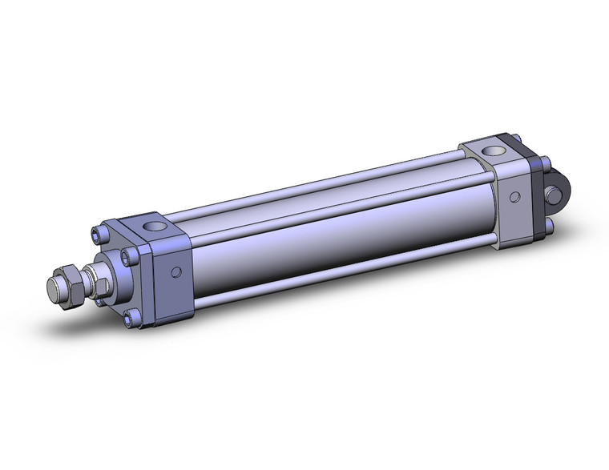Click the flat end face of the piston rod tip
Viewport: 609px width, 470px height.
pyautogui.click(x=57, y=288)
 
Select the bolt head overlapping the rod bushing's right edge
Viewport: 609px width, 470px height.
pyautogui.click(x=127, y=257)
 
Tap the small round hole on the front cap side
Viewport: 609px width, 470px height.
pyautogui.click(x=176, y=274)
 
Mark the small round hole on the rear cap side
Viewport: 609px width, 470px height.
pyautogui.click(x=514, y=195)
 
